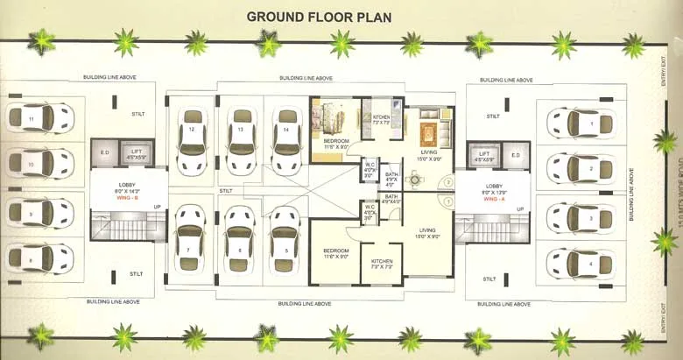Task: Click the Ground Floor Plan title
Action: (x=319, y=16)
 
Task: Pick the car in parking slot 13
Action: (x=239, y=140)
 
